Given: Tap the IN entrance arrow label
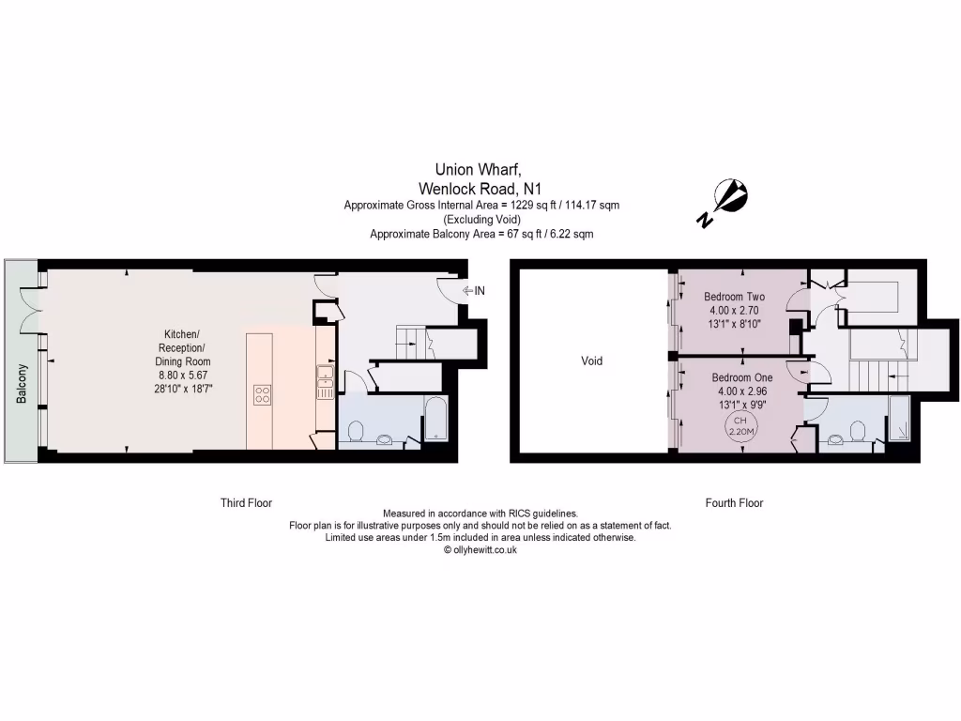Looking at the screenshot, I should (x=473, y=291).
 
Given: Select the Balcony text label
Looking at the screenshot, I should (x=21, y=384).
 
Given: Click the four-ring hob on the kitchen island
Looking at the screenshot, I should (x=263, y=395).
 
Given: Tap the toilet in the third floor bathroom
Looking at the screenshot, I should (x=356, y=430).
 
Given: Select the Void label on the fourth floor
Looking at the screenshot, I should (x=591, y=360).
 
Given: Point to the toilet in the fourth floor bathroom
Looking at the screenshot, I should (x=856, y=430).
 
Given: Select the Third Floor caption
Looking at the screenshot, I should (x=246, y=503).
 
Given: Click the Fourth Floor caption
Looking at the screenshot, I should (x=734, y=503).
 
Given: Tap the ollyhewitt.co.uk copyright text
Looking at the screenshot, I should (x=480, y=550).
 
